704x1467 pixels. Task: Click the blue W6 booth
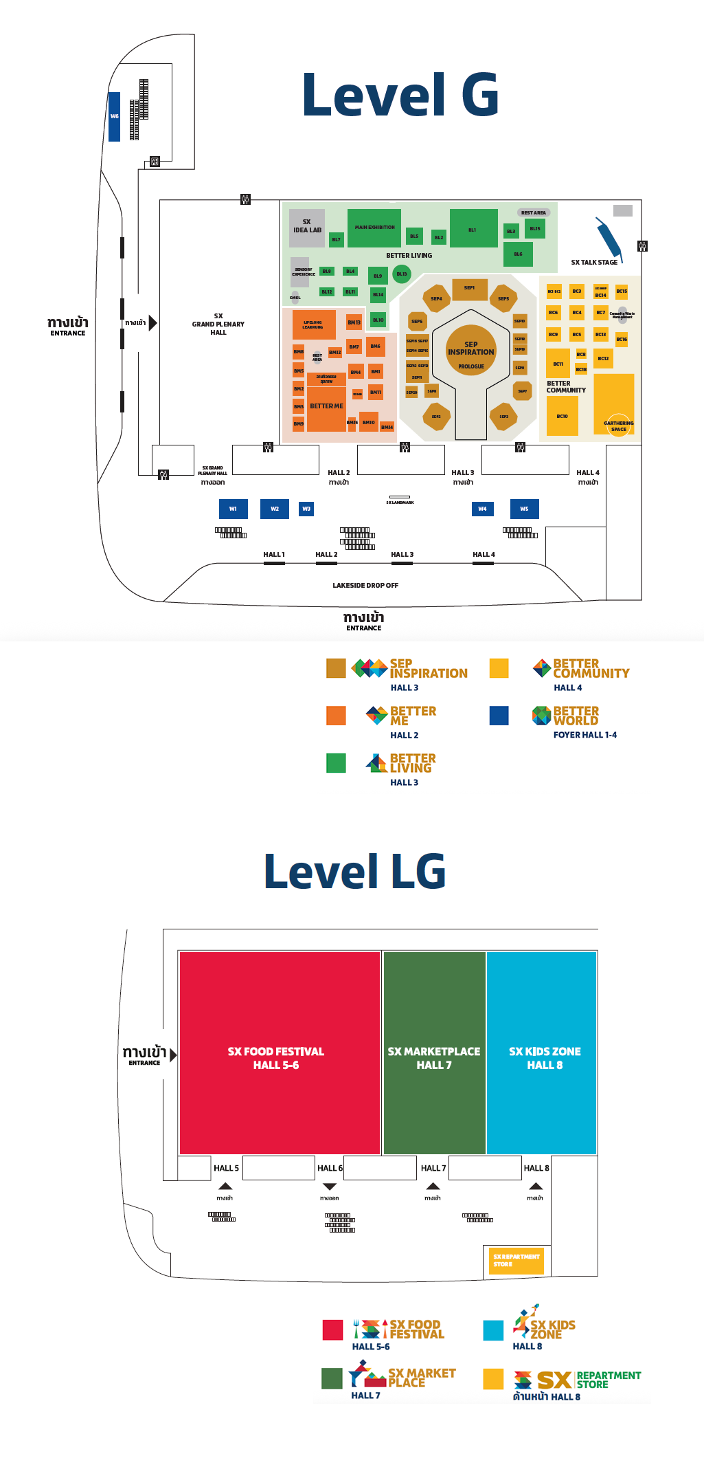(114, 116)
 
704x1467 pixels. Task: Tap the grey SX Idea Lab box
(307, 228)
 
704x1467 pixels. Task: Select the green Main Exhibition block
(374, 228)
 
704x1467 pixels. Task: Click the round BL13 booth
(402, 274)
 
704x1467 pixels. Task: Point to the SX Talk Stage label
(594, 262)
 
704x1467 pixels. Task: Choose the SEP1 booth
(470, 289)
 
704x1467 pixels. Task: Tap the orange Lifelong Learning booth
(314, 324)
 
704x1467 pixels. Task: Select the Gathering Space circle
(619, 426)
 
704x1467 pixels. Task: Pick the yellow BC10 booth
(562, 416)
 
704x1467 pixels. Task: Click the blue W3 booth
(306, 509)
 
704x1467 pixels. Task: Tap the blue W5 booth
(524, 509)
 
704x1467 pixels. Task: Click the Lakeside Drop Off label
(365, 585)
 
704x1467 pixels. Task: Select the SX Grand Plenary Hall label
(218, 324)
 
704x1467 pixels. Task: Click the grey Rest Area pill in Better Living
(533, 212)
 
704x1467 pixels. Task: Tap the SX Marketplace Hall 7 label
(434, 1057)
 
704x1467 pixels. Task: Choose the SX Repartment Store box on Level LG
(516, 1261)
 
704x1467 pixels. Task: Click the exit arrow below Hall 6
(330, 1187)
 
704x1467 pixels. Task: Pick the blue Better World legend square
(499, 716)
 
